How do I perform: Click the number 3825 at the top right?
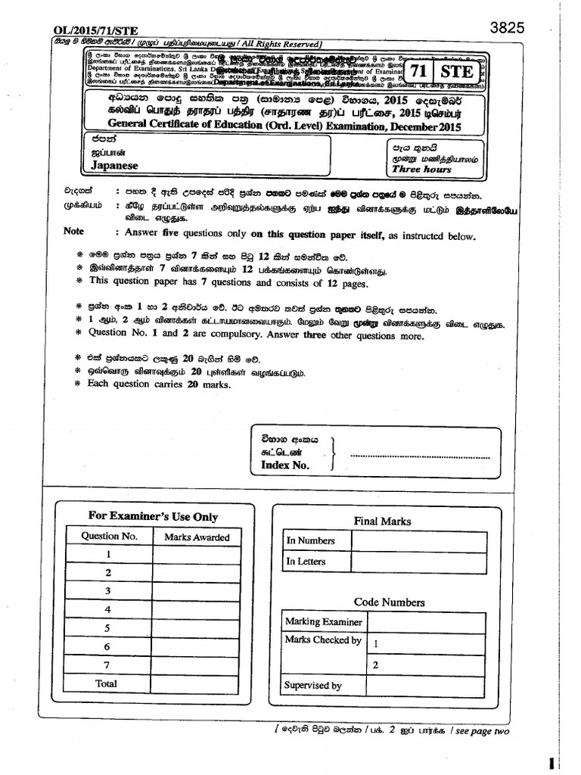[507, 28]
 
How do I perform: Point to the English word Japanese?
[114, 165]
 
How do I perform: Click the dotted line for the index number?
[416, 456]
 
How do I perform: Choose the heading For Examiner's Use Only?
[153, 516]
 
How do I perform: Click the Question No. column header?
[110, 536]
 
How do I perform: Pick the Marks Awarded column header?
[196, 537]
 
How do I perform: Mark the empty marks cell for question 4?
[196, 609]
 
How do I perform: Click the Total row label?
[107, 683]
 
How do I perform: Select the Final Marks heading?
[382, 521]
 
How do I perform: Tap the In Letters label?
[306, 562]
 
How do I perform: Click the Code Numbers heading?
[389, 602]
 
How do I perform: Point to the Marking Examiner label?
[323, 621]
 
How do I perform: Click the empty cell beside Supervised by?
[425, 686]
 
